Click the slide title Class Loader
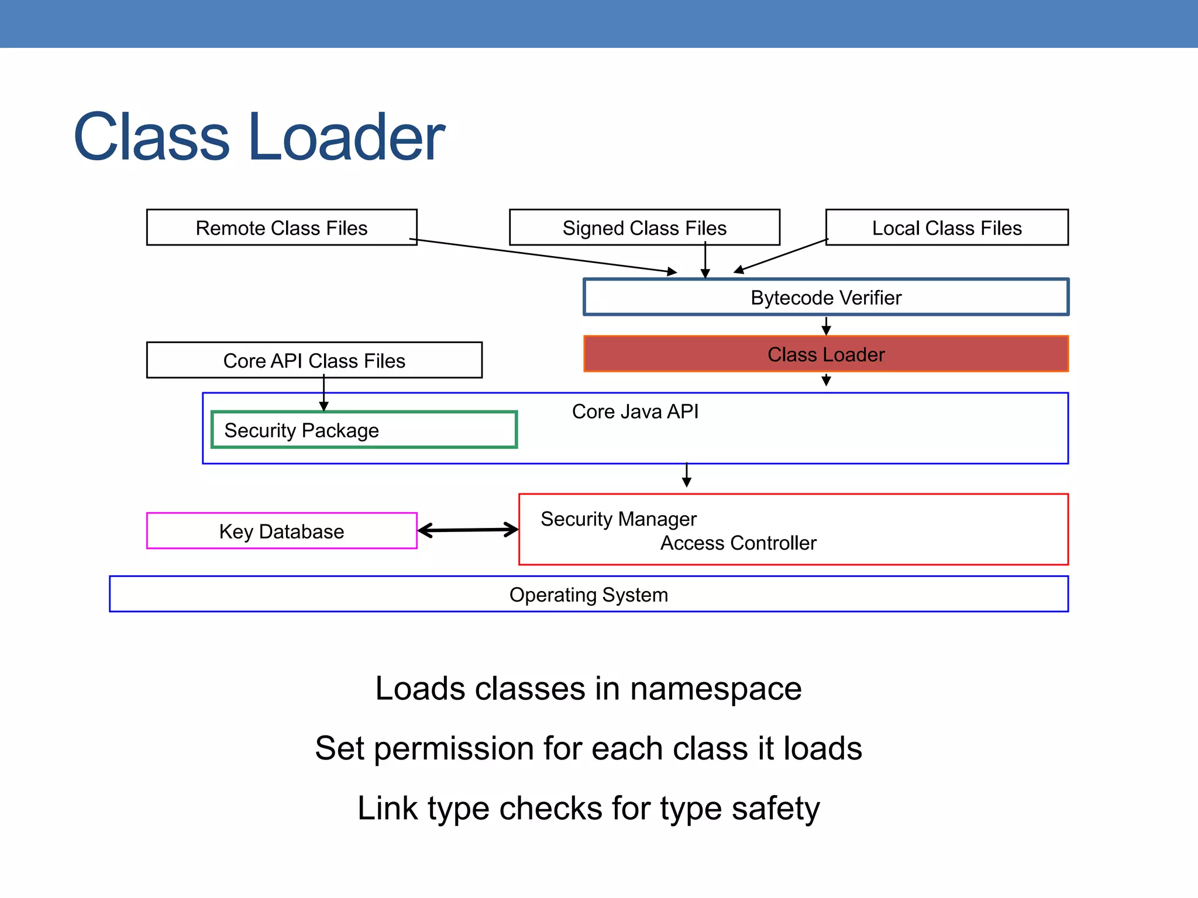tap(259, 137)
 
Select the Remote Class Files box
tap(281, 227)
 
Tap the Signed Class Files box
tap(644, 227)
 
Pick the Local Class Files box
tap(946, 227)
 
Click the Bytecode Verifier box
tap(825, 298)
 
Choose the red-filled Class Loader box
tap(825, 354)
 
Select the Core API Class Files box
tap(314, 361)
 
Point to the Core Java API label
tap(635, 412)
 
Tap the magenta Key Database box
tap(281, 531)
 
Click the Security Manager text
tap(618, 519)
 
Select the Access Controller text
tap(738, 543)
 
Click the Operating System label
tap(588, 595)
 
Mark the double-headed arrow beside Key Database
tap(468, 530)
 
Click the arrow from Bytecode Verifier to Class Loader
tap(826, 326)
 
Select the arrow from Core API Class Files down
tap(323, 395)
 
